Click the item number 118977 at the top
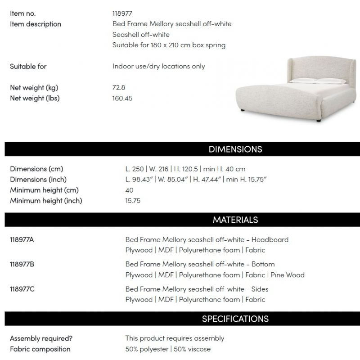(123, 13)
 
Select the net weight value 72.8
(119, 88)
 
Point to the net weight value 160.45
(122, 98)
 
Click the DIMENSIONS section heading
(235, 149)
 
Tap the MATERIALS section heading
(235, 220)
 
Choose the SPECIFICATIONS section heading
(235, 319)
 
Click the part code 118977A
(22, 239)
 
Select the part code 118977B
(22, 264)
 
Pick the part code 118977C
(22, 289)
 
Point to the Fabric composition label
(40, 349)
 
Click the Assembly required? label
(41, 338)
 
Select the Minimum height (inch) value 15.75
(133, 201)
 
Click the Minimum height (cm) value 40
(130, 190)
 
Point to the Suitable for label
(28, 67)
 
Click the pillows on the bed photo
(310, 81)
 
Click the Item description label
(36, 24)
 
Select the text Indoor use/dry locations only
(158, 67)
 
